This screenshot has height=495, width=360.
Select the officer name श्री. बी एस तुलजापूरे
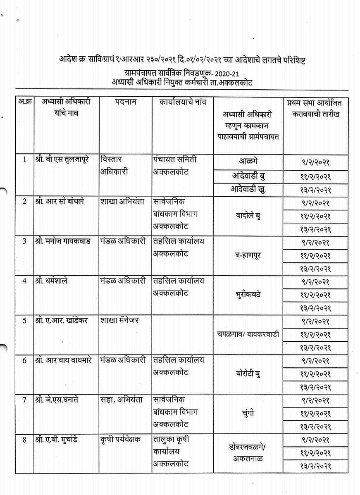coord(65,159)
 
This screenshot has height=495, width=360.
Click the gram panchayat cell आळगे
coord(248,161)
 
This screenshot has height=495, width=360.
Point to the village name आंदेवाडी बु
coord(248,176)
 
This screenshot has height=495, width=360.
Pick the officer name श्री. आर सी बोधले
coord(60,201)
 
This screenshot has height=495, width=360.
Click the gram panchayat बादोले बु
coord(248,216)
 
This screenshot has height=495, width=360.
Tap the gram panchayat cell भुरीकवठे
coord(248,295)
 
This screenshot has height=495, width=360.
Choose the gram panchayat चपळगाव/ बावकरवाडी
coord(248,334)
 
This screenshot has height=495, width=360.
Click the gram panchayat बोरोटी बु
coord(248,374)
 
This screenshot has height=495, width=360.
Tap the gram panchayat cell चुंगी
coord(248,413)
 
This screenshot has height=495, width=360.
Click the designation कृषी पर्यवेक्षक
coord(120,439)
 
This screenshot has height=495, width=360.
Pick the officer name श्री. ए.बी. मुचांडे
coord(60,439)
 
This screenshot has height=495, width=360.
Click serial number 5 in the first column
coord(24,320)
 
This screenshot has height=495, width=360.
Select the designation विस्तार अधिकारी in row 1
coord(114,165)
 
